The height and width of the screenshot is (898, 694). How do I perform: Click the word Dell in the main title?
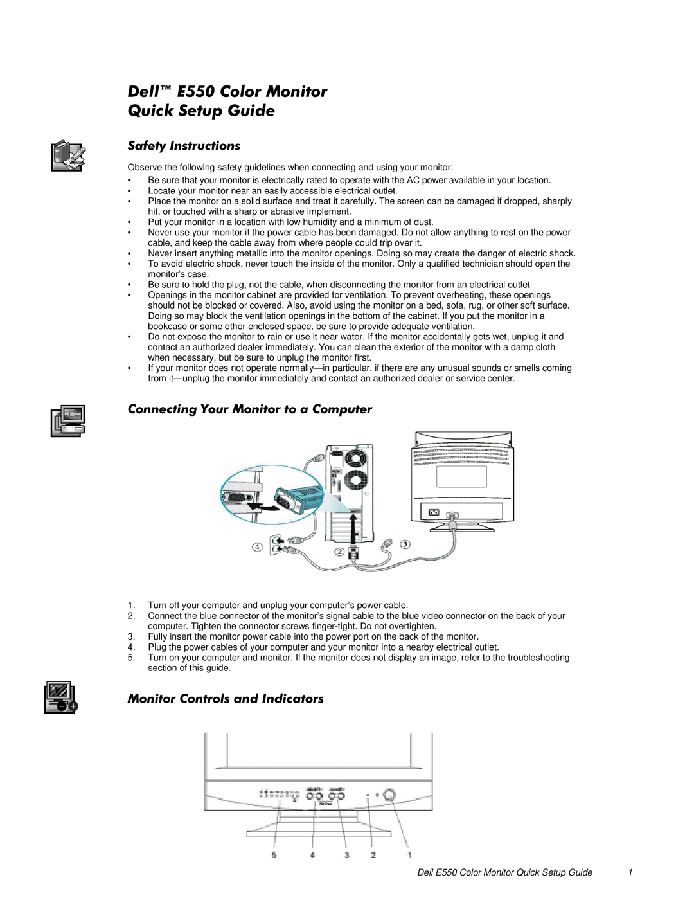(143, 92)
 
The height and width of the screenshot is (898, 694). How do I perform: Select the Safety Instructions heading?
(184, 146)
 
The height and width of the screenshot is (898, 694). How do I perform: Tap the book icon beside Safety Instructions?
(68, 156)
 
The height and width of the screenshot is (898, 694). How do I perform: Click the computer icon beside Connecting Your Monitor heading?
(68, 421)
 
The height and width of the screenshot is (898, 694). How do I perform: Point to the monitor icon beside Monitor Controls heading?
(61, 697)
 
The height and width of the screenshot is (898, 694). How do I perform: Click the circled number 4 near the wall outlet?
(257, 547)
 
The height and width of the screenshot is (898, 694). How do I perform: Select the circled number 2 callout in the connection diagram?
(339, 552)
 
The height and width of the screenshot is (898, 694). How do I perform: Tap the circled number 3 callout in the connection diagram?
(405, 544)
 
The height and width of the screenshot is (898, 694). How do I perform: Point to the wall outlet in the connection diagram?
(276, 544)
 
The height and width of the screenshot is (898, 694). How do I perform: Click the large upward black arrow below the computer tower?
(353, 527)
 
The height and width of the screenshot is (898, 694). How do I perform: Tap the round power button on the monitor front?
(389, 795)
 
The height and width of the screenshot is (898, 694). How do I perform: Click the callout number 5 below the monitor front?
(274, 855)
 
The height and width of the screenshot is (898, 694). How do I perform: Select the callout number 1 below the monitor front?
(409, 855)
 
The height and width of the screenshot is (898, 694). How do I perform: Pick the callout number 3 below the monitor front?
(346, 855)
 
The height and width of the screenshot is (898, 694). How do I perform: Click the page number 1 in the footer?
(630, 872)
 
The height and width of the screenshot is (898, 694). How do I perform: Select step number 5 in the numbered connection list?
(131, 658)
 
